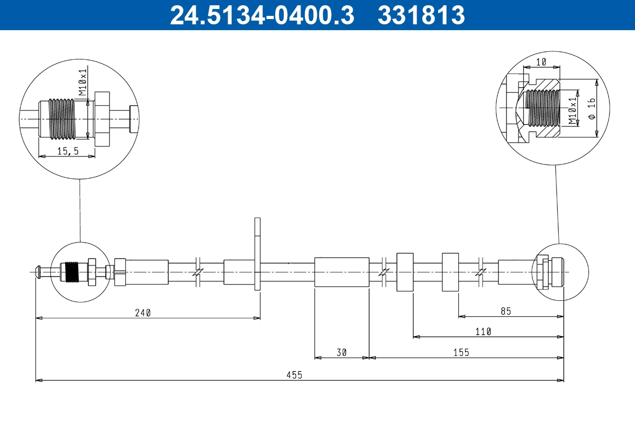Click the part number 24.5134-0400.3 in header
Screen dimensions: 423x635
point(261,15)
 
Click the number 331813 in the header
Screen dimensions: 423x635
point(421,15)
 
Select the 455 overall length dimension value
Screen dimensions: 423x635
point(295,375)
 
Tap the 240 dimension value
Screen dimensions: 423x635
point(143,312)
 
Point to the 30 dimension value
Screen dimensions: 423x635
point(341,353)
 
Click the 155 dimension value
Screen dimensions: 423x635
point(461,353)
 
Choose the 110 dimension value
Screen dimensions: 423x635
point(483,332)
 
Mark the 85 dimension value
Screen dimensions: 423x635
point(505,311)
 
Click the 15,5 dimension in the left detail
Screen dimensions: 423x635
point(68,151)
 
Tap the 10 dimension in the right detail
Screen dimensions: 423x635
point(541,62)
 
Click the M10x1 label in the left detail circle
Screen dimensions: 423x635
point(83,81)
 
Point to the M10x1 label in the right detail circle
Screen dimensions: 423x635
point(573,110)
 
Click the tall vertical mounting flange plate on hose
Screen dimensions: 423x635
point(258,254)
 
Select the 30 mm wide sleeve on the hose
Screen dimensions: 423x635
point(341,272)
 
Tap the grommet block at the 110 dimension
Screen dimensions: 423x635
point(405,272)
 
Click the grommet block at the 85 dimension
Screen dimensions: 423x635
point(450,272)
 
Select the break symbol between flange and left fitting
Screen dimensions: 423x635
point(197,272)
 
